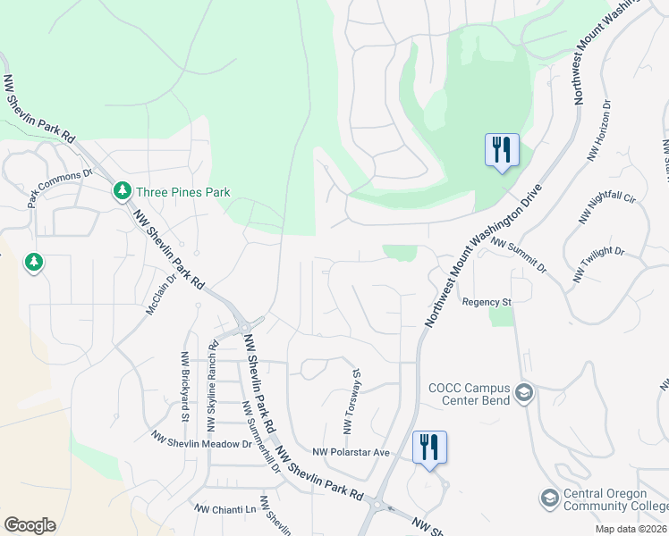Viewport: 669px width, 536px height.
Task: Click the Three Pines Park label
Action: [182, 191]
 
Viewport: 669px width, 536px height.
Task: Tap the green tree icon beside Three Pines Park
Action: [122, 191]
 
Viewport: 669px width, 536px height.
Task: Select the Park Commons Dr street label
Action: [60, 188]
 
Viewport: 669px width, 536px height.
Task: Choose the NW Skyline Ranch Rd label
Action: [213, 371]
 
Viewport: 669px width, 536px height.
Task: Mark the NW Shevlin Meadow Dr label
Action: [202, 441]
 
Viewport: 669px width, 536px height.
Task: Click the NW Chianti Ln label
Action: [225, 508]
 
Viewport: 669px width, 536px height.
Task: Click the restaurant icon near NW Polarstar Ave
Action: [429, 447]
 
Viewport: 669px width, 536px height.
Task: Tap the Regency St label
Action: [486, 302]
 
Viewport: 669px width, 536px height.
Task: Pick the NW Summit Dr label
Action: [519, 255]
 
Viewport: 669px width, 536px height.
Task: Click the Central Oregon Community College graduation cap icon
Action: [549, 498]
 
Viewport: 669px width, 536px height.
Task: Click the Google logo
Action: [30, 525]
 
